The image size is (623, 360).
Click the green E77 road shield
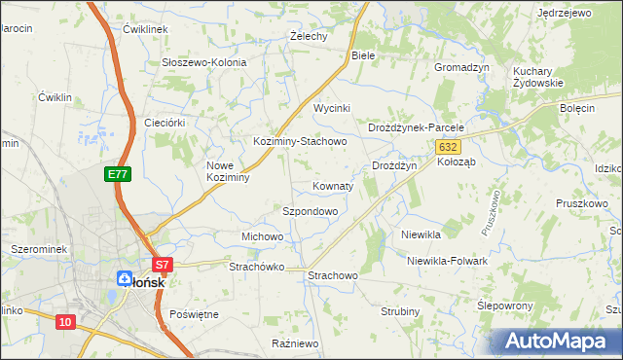118,174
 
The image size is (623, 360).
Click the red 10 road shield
65,322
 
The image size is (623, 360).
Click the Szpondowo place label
310,211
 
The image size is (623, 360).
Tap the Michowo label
262,237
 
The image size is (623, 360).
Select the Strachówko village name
255,267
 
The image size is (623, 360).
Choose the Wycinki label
331,108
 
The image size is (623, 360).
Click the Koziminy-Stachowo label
300,141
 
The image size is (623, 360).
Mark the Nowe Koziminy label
229,171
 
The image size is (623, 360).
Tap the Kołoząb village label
456,162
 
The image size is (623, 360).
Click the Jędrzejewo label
565,13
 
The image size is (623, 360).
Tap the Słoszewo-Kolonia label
203,62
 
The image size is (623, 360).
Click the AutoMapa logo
556,342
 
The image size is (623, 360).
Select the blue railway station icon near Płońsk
124,278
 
